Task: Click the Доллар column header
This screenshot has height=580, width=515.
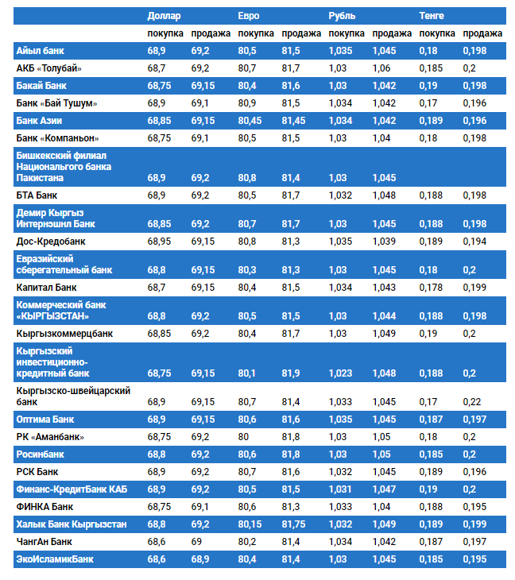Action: [164, 16]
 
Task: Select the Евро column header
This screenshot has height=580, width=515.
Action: [249, 16]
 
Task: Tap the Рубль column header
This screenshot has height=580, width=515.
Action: [342, 16]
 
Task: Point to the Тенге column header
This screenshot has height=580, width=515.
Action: [432, 16]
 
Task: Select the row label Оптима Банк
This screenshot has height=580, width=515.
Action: [45, 419]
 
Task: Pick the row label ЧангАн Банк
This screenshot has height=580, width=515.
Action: [44, 542]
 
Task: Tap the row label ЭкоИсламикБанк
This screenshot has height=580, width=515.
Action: [55, 559]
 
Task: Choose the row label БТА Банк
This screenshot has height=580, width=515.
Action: [37, 195]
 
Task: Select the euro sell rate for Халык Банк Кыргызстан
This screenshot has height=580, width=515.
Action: [293, 524]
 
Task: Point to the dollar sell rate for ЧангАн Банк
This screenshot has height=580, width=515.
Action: [197, 542]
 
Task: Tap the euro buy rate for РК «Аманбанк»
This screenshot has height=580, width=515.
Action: [244, 436]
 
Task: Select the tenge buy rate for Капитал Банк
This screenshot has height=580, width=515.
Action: [432, 287]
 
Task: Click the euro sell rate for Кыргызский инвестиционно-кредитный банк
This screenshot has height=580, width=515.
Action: [291, 373]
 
